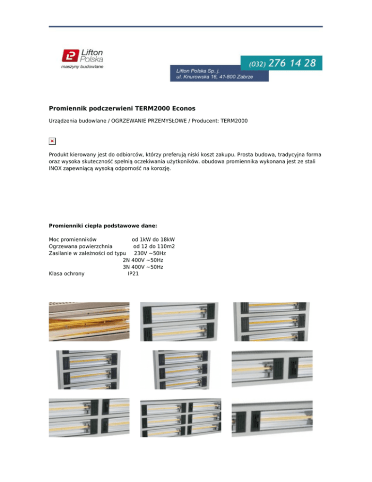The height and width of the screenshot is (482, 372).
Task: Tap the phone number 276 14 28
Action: pyautogui.click(x=292, y=63)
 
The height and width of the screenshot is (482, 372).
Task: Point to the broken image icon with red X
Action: pyautogui.click(x=52, y=141)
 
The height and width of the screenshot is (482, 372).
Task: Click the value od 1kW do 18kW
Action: pyautogui.click(x=153, y=240)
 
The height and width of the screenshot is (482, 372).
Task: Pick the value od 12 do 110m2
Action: pyautogui.click(x=154, y=246)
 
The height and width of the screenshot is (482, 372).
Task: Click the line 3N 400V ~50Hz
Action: pyautogui.click(x=143, y=267)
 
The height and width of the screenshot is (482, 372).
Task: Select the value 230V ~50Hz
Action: pyautogui.click(x=150, y=253)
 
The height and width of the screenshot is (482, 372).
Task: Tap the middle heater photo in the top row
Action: pyautogui.click(x=179, y=321)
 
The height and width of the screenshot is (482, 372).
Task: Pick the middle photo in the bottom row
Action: pyautogui.click(x=180, y=418)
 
